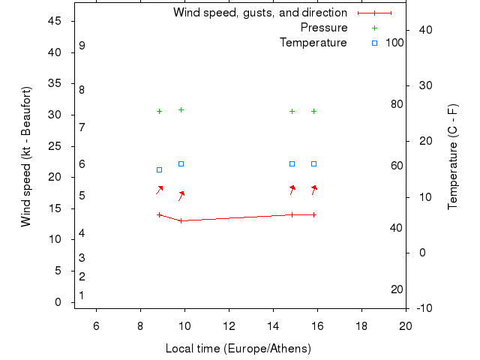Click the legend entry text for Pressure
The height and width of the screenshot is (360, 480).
pyautogui.click(x=323, y=28)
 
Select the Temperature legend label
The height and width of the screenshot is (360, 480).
pyautogui.click(x=313, y=43)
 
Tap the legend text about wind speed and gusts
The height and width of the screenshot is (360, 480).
pyautogui.click(x=259, y=13)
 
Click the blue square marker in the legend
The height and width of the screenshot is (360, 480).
pyautogui.click(x=374, y=43)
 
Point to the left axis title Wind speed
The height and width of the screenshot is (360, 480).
pyautogui.click(x=26, y=156)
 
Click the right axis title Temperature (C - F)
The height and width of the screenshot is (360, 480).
pyautogui.click(x=452, y=156)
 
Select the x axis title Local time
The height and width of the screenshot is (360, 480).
pyautogui.click(x=238, y=349)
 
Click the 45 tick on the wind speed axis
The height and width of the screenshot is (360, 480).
pyautogui.click(x=54, y=21)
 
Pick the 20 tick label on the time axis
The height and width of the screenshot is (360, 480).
pyautogui.click(x=406, y=325)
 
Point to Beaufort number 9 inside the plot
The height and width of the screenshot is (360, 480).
pyautogui.click(x=82, y=46)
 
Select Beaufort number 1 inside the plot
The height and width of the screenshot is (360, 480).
pyautogui.click(x=82, y=295)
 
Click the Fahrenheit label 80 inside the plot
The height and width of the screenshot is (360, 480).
pyautogui.click(x=397, y=104)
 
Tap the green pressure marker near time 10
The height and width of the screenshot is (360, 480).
pyautogui.click(x=181, y=109)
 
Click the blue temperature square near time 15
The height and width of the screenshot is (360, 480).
pyautogui.click(x=292, y=163)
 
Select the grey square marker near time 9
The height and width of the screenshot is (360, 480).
pyautogui.click(x=159, y=169)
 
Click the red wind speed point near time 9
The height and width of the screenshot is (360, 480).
pyautogui.click(x=159, y=214)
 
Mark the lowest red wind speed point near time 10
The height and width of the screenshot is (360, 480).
pyautogui.click(x=181, y=220)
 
